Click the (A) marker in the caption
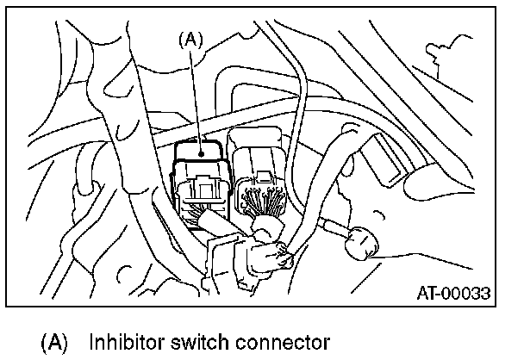53,343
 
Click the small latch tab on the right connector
263,180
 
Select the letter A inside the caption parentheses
53,343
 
